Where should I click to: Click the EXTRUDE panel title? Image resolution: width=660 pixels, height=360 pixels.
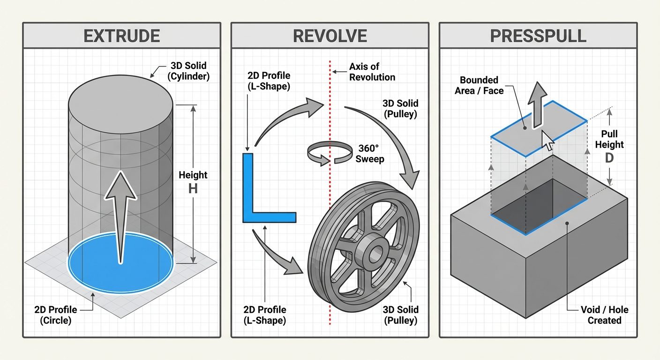click(x=121, y=36)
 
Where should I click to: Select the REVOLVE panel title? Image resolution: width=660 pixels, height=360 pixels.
click(x=330, y=36)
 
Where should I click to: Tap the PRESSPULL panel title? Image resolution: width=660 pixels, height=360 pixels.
click(x=538, y=36)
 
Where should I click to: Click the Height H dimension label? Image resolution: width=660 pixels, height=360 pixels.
click(x=193, y=182)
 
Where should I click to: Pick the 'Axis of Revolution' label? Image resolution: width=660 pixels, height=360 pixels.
click(x=372, y=72)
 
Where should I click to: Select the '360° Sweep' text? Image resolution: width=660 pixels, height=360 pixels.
click(x=369, y=154)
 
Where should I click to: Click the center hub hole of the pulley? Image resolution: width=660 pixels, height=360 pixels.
click(x=375, y=254)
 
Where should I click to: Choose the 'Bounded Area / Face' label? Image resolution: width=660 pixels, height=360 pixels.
click(x=479, y=85)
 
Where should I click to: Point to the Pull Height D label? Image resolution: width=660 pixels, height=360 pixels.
click(x=609, y=145)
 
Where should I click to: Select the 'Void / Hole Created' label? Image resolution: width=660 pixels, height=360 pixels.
click(x=604, y=315)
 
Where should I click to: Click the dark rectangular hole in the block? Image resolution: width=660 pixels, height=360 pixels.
click(x=539, y=206)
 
